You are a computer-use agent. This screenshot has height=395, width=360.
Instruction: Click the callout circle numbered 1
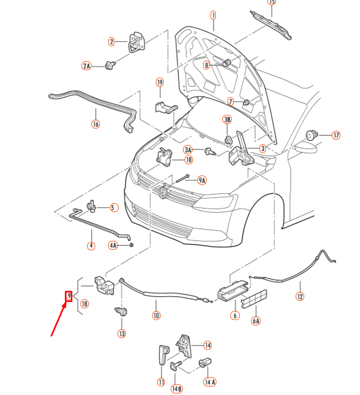(213, 14)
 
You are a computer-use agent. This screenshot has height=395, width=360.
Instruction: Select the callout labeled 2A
(86, 66)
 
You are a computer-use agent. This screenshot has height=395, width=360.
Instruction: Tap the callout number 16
(95, 124)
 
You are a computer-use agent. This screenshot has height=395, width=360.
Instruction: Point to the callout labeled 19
(159, 82)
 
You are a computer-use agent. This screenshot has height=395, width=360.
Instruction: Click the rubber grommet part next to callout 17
(312, 135)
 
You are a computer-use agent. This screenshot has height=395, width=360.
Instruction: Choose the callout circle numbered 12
(300, 296)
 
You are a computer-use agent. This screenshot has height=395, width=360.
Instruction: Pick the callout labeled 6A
(256, 321)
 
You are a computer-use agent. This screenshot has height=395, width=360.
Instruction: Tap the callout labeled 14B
(177, 389)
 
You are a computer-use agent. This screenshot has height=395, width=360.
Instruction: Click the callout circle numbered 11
(161, 382)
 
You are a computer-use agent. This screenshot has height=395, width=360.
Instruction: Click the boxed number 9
(68, 296)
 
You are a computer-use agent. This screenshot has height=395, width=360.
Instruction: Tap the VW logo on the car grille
(163, 192)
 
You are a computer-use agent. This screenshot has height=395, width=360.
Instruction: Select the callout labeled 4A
(113, 245)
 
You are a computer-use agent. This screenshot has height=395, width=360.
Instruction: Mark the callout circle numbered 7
(231, 102)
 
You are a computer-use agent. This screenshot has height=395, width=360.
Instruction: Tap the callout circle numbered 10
(156, 315)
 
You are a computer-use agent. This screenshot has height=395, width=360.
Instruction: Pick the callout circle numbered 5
(114, 207)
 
